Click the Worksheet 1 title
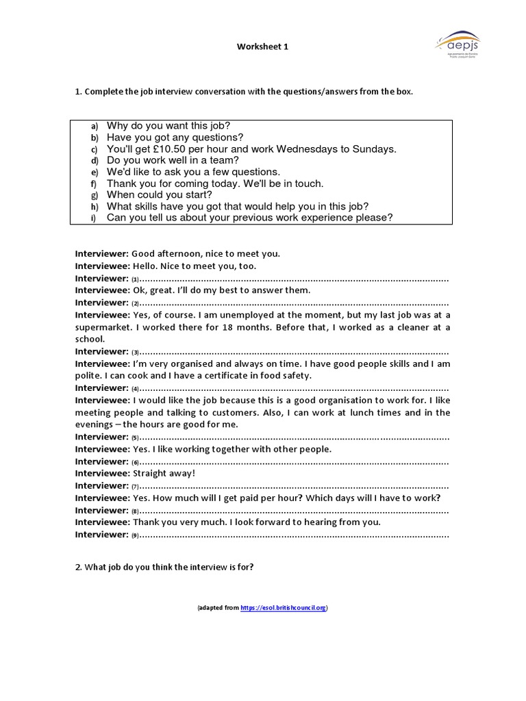[x=258, y=47]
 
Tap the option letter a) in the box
[x=95, y=126]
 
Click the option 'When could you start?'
[x=150, y=195]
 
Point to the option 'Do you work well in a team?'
[x=173, y=160]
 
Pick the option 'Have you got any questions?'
[x=175, y=137]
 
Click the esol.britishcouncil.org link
[x=283, y=607]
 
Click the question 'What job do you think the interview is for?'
[x=164, y=567]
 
